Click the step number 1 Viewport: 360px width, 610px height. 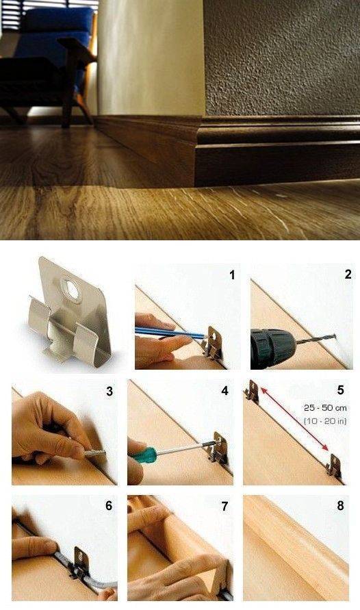[x=232, y=275]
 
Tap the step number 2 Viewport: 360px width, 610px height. [x=348, y=275]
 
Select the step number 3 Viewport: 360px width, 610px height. [x=110, y=391]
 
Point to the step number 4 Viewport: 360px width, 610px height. [x=224, y=391]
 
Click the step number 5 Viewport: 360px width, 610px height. [x=341, y=390]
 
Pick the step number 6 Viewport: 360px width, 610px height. [x=109, y=505]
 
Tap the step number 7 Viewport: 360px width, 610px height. [x=224, y=506]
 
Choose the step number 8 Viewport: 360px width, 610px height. [x=341, y=505]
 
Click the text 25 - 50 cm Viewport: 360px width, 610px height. [x=325, y=408]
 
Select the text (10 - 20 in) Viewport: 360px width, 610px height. [x=325, y=420]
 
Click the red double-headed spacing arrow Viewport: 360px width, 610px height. [x=294, y=419]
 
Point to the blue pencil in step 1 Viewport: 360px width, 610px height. [x=170, y=333]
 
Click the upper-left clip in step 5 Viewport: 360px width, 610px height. [x=253, y=390]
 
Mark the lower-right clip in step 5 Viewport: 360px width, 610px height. [x=334, y=465]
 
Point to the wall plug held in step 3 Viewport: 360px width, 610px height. [x=95, y=453]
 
